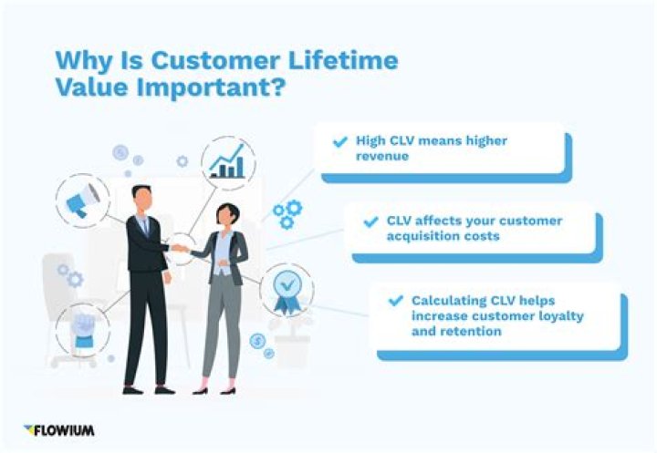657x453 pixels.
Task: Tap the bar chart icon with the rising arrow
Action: [227, 164]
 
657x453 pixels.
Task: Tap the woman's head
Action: [224, 216]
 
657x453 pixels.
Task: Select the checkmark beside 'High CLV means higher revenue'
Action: [339, 142]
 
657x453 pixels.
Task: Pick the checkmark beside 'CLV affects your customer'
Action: [370, 221]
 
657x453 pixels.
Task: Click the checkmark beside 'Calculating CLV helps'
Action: [396, 300]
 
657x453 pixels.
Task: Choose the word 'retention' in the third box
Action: [469, 331]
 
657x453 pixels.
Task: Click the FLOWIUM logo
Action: [60, 429]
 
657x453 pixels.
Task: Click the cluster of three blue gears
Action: [287, 213]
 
